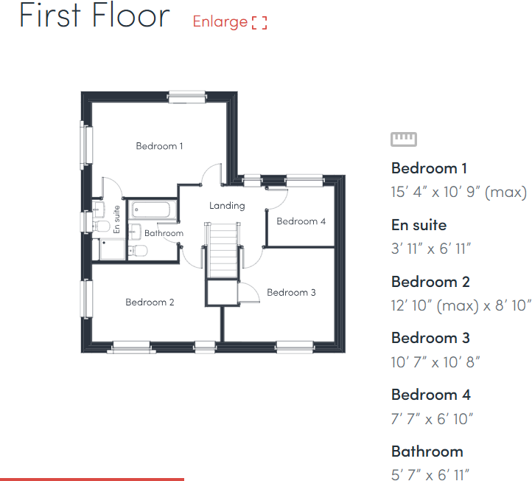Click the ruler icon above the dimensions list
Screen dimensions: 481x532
pos(404,139)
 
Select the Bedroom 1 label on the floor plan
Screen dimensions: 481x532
pos(160,146)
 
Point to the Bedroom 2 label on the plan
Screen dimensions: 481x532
pos(150,302)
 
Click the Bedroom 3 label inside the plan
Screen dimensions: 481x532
pos(291,293)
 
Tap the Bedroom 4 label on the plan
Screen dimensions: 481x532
pos(301,221)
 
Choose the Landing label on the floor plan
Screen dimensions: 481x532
pos(226,206)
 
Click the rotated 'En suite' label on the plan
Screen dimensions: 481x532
pos(117,220)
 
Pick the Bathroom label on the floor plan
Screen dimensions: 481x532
pos(164,234)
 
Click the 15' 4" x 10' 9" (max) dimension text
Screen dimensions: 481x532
pos(458,193)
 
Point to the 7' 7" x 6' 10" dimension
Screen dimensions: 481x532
pos(432,419)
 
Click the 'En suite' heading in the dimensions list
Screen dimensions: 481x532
pos(419,225)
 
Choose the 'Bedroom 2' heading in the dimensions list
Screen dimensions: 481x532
pos(430,282)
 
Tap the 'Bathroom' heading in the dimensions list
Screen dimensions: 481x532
pos(427,451)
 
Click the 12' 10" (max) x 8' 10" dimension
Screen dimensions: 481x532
pos(461,305)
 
